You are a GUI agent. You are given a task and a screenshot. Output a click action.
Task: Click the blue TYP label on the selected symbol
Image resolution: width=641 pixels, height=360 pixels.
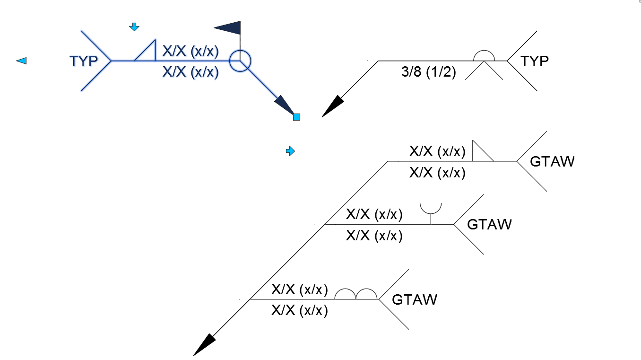84,61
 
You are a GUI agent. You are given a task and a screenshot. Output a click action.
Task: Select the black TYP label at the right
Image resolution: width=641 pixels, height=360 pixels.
535,61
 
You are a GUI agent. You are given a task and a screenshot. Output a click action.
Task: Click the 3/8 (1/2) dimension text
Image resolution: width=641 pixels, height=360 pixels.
428,71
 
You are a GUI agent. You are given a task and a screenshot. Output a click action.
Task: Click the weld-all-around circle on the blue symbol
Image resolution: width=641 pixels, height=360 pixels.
240,50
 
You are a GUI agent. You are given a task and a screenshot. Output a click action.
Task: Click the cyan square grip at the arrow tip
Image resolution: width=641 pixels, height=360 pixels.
296,117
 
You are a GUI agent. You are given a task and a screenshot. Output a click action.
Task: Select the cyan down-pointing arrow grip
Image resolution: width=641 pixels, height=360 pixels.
134,27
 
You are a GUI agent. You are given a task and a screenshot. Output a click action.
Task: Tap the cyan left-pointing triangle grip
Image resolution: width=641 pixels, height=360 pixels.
22,61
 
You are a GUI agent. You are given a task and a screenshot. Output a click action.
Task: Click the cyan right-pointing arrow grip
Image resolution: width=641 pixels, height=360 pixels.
290,151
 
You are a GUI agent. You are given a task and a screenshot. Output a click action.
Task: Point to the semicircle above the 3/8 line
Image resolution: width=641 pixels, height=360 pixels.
484,51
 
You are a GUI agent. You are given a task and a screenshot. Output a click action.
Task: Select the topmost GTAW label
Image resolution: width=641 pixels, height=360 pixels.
552,161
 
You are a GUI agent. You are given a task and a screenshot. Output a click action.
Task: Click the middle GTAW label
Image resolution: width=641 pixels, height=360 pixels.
489,225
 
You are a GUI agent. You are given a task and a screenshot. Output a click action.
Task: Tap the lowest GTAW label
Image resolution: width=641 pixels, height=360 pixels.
415,299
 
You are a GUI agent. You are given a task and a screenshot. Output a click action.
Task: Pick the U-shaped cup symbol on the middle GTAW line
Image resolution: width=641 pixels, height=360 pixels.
431,214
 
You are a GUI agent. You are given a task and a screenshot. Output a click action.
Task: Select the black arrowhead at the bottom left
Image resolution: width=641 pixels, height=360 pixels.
204,345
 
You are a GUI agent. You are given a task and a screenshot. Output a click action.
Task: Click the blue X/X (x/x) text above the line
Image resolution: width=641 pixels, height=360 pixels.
191,51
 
